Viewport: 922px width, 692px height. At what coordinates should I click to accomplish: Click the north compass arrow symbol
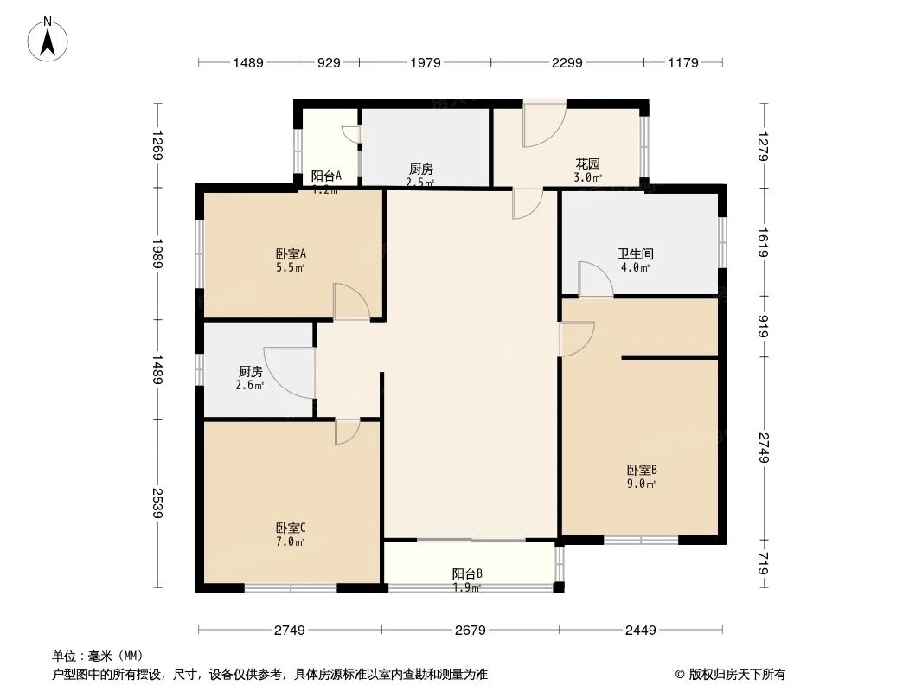[x=49, y=40]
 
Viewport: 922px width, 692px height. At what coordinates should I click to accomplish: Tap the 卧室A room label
[x=291, y=254]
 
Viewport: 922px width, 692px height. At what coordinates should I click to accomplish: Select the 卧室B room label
[x=642, y=471]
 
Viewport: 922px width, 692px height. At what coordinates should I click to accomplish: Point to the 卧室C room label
[x=291, y=528]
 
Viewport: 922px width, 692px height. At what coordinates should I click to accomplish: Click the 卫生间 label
[x=635, y=254]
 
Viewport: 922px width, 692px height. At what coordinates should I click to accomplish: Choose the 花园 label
[x=588, y=164]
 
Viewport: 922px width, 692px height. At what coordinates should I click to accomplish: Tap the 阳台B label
[x=467, y=573]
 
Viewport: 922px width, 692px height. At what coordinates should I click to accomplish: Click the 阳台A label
[x=326, y=176]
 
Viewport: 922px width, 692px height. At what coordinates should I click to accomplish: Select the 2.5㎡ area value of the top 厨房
[x=421, y=183]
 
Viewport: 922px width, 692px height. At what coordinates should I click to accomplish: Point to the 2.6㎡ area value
[x=249, y=386]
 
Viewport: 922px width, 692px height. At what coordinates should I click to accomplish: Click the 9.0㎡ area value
[x=642, y=484]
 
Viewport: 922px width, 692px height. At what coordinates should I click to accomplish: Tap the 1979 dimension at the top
[x=426, y=62]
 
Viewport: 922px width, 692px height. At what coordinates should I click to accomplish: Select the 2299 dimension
[x=567, y=62]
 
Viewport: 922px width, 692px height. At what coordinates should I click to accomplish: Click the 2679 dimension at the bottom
[x=470, y=630]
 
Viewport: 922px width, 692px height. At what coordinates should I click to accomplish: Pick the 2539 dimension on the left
[x=157, y=504]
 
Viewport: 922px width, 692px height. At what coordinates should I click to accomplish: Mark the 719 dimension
[x=764, y=567]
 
